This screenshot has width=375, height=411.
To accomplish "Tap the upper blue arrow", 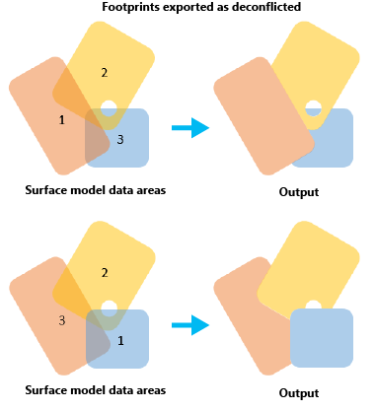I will pyautogui.click(x=189, y=126).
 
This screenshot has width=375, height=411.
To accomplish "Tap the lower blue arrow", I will pyautogui.click(x=189, y=324).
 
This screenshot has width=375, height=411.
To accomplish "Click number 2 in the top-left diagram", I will pyautogui.click(x=105, y=73).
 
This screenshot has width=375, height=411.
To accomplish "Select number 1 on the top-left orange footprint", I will pyautogui.click(x=62, y=120).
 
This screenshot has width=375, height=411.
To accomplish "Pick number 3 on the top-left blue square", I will pyautogui.click(x=120, y=139).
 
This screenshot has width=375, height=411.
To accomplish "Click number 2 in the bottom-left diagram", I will pyautogui.click(x=105, y=272).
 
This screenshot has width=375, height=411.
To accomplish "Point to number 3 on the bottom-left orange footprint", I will pyautogui.click(x=61, y=320).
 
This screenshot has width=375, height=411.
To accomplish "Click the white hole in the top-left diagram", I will pyautogui.click(x=109, y=107).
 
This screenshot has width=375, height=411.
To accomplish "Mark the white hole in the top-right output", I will pyautogui.click(x=313, y=107).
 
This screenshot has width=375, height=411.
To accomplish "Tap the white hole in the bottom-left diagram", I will pyautogui.click(x=109, y=307).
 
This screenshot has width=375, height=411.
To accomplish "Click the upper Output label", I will pyautogui.click(x=299, y=192).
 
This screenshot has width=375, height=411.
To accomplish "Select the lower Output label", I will pyautogui.click(x=299, y=392).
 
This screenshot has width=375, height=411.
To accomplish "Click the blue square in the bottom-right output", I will pyautogui.click(x=321, y=340).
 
